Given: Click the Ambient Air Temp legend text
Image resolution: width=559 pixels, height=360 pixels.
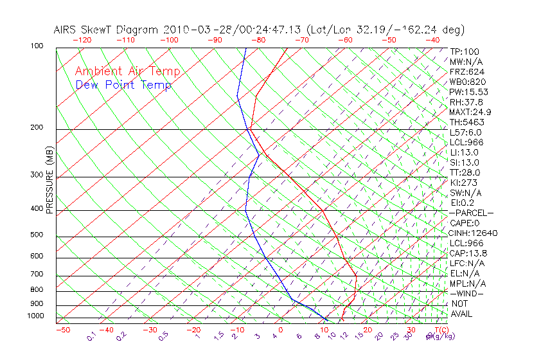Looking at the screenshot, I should [128, 71].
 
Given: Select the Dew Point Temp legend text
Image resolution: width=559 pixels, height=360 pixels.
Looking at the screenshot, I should [123, 85].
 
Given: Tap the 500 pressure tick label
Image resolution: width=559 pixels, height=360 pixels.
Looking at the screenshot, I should [38, 235].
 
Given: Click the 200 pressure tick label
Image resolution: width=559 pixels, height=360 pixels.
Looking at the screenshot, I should [38, 128].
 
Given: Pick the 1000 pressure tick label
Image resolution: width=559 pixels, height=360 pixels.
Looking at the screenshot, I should [36, 316].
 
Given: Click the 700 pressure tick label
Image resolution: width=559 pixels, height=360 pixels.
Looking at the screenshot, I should [38, 275].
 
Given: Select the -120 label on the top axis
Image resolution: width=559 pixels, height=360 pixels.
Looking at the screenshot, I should [82, 40].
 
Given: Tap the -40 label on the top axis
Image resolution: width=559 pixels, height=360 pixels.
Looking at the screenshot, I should [432, 40].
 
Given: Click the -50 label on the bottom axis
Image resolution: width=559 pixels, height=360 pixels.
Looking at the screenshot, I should [62, 330].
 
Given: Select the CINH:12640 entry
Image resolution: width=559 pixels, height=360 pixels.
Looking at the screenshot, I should [473, 233].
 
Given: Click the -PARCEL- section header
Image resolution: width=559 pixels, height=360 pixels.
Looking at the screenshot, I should [471, 213].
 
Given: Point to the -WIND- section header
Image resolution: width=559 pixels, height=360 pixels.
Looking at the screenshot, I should [467, 293].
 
